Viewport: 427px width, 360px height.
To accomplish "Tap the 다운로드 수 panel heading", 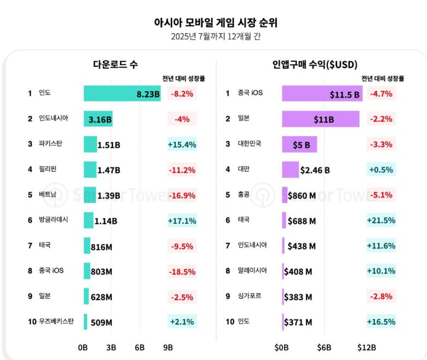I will (115, 65).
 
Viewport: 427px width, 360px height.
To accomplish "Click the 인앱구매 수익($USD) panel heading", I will (315, 65).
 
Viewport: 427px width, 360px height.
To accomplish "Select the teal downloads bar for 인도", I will (122, 93).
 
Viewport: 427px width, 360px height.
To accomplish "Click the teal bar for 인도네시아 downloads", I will (98, 119).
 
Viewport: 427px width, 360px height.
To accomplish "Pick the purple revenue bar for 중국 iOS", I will (322, 93).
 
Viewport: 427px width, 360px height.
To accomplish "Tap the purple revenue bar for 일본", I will (320, 119).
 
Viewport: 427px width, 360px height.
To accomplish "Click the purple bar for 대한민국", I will (299, 144).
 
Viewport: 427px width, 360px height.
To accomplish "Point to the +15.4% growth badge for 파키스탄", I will (182, 144).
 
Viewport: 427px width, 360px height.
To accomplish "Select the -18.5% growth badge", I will (182, 271).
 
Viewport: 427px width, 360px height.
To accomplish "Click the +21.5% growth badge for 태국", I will (381, 220).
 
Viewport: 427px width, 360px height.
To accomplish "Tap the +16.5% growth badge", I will (381, 322).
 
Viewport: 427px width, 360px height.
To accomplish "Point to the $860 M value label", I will (302, 195).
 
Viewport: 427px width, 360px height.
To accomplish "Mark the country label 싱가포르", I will (250, 296).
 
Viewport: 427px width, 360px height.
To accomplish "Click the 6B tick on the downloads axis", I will (139, 347).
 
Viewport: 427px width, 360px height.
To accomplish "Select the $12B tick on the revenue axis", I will (366, 347).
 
